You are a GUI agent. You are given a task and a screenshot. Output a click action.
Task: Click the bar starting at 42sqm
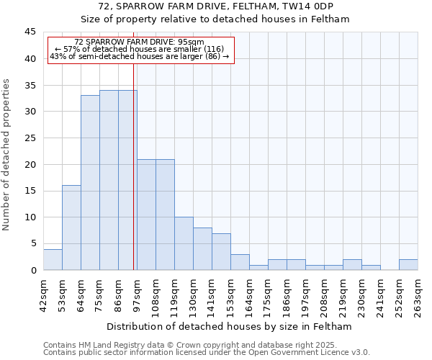tap(53, 259)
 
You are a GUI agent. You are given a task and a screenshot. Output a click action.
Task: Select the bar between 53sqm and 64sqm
tap(71, 228)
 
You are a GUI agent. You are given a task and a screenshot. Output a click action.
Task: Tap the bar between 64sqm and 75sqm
tap(90, 183)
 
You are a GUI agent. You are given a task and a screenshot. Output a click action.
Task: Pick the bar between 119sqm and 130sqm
tap(184, 243)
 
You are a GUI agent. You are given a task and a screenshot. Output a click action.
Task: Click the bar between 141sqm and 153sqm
tap(221, 251)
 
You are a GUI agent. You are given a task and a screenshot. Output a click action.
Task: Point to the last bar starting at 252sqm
tap(408, 264)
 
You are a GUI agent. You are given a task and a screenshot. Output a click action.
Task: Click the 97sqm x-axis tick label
tap(137, 291)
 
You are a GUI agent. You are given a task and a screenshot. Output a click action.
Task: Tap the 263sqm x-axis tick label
tap(418, 291)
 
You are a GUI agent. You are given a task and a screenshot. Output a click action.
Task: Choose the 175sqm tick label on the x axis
tap(268, 291)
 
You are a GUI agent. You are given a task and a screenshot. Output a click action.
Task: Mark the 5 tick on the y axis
tap(32, 243)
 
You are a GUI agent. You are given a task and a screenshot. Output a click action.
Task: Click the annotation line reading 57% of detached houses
tap(140, 49)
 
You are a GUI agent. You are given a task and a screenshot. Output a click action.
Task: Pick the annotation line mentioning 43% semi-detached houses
tap(140, 56)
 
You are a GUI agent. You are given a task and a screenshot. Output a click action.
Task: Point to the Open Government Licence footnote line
tap(207, 353)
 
